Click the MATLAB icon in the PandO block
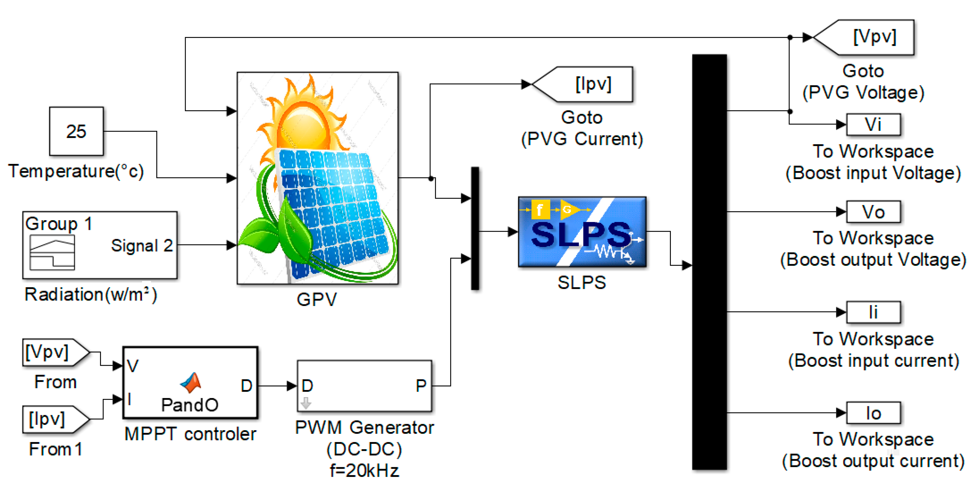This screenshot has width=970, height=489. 191,383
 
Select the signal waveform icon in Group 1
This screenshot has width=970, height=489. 52,253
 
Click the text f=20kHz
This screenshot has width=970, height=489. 364,471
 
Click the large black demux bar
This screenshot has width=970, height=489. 709,262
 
